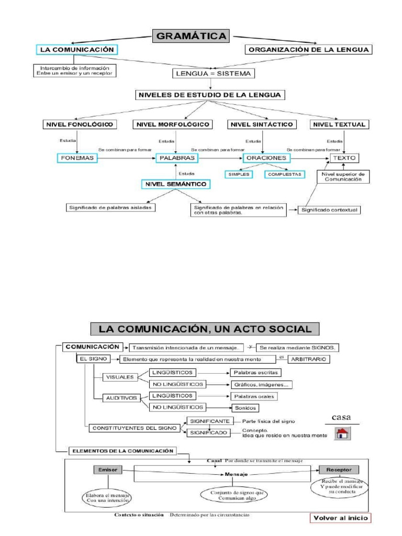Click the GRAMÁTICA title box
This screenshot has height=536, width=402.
coord(191,37)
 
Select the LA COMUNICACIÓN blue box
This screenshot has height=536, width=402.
coord(77,50)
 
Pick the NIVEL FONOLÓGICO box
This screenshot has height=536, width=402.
coord(79,125)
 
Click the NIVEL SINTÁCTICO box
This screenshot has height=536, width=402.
coord(261,125)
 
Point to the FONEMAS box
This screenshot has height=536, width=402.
coord(77,157)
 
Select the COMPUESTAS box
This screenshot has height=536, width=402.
coord(284,174)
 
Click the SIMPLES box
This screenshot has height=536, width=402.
coord(238,174)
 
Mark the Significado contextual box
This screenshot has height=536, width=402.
coord(329,210)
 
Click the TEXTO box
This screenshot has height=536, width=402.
coord(343,157)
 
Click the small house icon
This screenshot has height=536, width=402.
coord(343,433)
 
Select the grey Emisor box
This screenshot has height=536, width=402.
coord(108,470)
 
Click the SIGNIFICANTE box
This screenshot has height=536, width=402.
coord(208,421)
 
